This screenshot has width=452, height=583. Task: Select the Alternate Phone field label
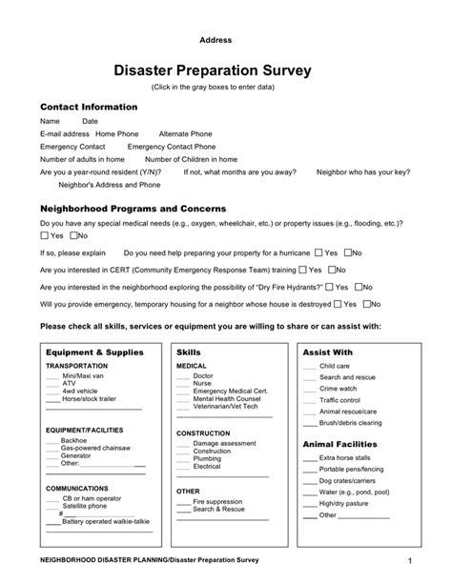[x=186, y=134]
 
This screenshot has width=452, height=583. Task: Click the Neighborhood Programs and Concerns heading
[x=132, y=208]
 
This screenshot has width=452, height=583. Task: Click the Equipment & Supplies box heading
[x=94, y=352]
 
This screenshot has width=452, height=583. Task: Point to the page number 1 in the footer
[x=407, y=561]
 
